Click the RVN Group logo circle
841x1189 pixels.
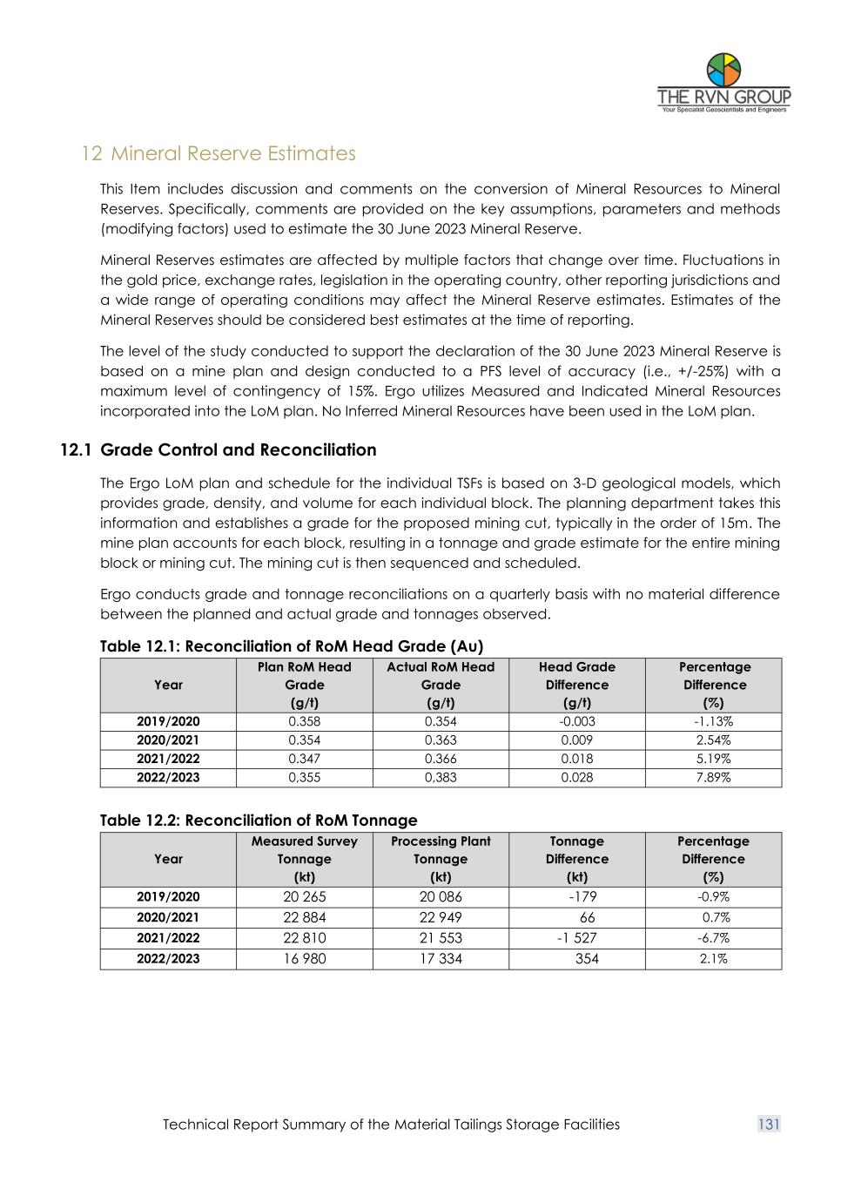point(723,70)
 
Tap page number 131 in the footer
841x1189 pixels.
point(769,1125)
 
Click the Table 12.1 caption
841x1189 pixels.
point(291,646)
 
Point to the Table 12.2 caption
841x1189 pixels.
point(259,821)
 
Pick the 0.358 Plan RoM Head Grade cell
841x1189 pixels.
point(304,721)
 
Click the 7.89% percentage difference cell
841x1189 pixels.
point(713,777)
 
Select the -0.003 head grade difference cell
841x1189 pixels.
point(576,721)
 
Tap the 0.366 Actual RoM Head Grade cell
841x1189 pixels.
point(441,759)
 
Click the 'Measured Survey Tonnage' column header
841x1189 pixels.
point(304,859)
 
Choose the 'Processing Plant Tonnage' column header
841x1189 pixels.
point(441,859)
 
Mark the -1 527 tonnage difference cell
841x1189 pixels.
point(576,938)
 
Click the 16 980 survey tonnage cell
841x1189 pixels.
point(304,959)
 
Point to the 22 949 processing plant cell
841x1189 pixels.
point(441,917)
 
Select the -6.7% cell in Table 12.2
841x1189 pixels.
point(713,938)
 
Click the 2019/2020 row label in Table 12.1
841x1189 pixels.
point(168,721)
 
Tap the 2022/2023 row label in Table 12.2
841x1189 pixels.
point(168,959)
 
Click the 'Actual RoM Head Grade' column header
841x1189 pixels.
point(441,685)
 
